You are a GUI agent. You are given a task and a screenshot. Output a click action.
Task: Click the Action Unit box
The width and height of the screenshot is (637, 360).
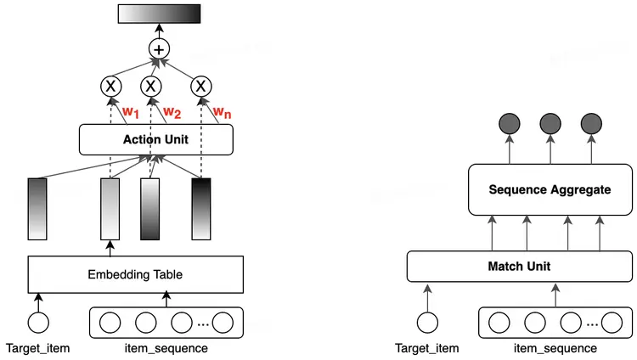coord(155,139)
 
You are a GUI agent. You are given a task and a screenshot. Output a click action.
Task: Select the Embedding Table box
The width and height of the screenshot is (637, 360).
coord(136,274)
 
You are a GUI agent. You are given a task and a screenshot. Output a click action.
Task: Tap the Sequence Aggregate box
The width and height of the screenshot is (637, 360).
coord(550,189)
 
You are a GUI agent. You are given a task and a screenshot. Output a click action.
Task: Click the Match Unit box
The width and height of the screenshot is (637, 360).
coord(519,267)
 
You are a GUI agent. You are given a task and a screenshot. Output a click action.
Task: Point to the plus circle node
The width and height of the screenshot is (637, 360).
coord(159,48)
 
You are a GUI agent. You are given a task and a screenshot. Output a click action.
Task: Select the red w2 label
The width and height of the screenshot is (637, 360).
coord(172,111)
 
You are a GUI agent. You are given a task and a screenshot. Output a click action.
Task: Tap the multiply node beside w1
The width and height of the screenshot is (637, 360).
coord(110,86)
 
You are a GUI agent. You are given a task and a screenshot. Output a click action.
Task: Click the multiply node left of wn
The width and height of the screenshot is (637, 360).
coord(200,86)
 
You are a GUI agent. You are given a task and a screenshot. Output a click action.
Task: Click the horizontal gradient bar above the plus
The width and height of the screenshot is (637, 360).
coord(159,14)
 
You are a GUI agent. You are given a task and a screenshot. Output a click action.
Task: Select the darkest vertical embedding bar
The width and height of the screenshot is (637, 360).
coord(201,209)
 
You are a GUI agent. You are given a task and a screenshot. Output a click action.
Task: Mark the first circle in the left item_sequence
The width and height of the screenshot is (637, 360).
coord(110,323)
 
